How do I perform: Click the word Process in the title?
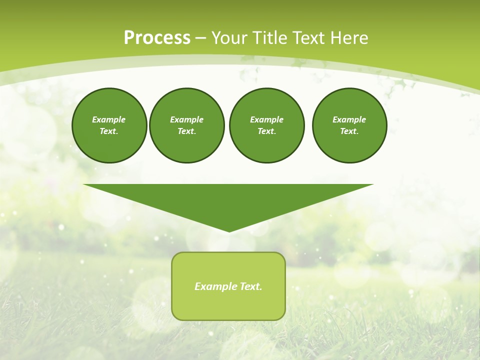click(x=157, y=38)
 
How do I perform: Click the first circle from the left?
click(x=109, y=125)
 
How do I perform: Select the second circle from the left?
click(x=187, y=125)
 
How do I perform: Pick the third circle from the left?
click(x=266, y=125)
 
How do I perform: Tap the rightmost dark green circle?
click(x=349, y=125)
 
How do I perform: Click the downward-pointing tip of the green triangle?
click(x=229, y=231)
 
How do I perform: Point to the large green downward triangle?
click(x=228, y=200)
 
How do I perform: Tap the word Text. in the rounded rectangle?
click(x=251, y=286)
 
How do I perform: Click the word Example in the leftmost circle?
click(x=109, y=119)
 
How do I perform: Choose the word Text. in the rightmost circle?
click(x=349, y=131)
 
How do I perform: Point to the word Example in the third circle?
click(x=266, y=119)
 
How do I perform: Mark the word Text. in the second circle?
click(x=187, y=131)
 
